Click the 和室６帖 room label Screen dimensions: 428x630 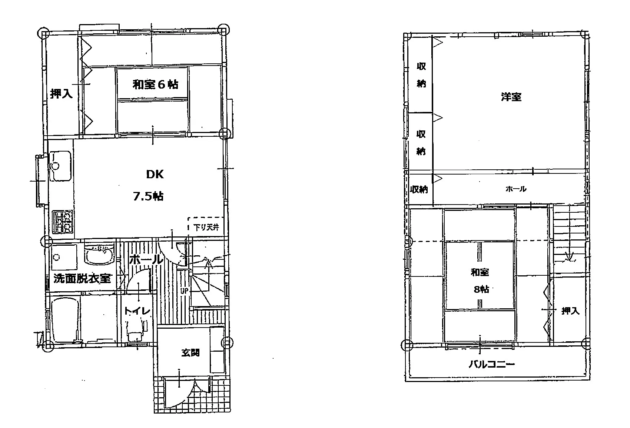pyautogui.click(x=155, y=85)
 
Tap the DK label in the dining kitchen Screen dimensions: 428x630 pyautogui.click(x=155, y=174)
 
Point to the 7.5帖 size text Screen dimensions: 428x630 pyautogui.click(x=148, y=196)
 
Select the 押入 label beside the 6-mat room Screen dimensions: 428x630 pyautogui.click(x=61, y=94)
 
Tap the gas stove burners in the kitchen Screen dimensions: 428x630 pyautogui.click(x=62, y=221)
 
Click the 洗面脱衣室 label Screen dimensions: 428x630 pyautogui.click(x=82, y=279)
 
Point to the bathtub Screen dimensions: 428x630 pyautogui.click(x=64, y=321)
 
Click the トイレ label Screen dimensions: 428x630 pyautogui.click(x=137, y=311)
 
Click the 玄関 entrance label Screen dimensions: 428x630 pyautogui.click(x=190, y=353)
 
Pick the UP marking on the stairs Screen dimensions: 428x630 pyautogui.click(x=184, y=291)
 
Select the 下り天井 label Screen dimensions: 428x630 pyautogui.click(x=206, y=228)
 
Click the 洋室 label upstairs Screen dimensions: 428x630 pyautogui.click(x=511, y=97)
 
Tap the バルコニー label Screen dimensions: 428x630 pyautogui.click(x=491, y=365)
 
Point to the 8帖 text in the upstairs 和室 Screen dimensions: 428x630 pyautogui.click(x=481, y=289)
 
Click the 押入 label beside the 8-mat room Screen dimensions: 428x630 pyautogui.click(x=570, y=311)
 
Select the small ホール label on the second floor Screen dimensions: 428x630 pyautogui.click(x=515, y=189)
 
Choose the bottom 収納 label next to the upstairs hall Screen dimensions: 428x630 pyautogui.click(x=419, y=189)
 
